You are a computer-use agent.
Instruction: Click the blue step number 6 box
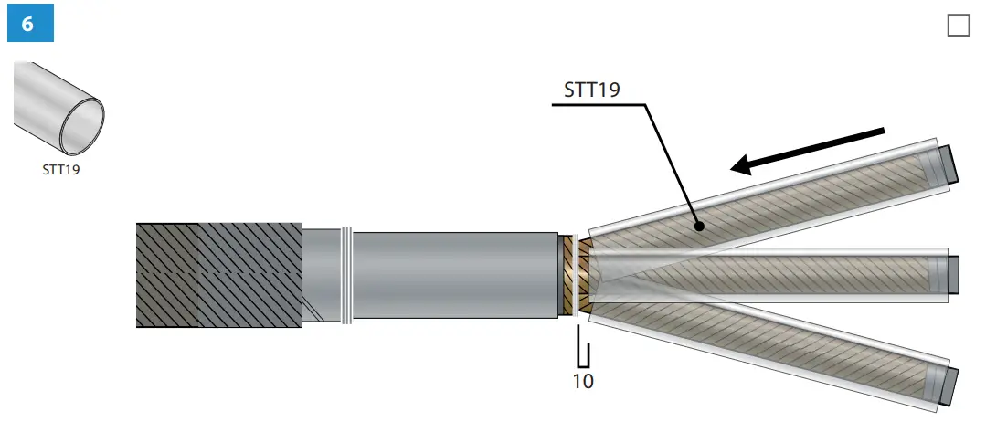pyautogui.click(x=30, y=23)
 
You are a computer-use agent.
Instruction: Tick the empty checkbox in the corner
pyautogui.click(x=959, y=26)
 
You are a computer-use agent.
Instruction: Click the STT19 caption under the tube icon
pyautogui.click(x=61, y=169)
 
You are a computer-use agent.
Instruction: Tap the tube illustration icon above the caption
pyautogui.click(x=58, y=108)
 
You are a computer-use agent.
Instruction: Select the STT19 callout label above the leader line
pyautogui.click(x=592, y=90)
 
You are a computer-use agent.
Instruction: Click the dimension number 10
pyautogui.click(x=583, y=381)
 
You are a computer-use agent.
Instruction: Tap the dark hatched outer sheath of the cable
pyautogui.click(x=218, y=275)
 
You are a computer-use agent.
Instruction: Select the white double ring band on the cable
pyautogui.click(x=346, y=275)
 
